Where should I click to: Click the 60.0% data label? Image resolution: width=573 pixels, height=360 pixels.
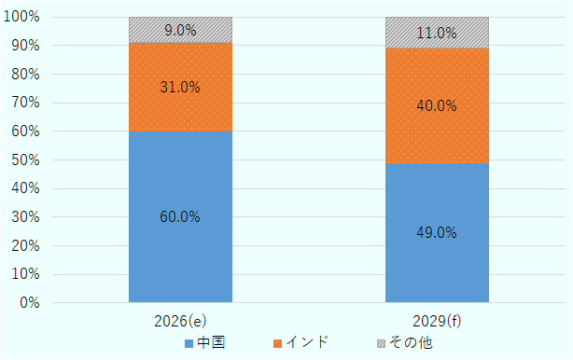point(180,217)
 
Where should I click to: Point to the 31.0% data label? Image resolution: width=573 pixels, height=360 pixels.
point(180,87)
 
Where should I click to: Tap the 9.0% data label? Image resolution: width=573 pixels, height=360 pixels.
point(180,30)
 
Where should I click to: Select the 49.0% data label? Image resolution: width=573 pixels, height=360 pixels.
point(437,232)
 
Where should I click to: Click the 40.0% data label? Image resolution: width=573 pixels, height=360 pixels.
point(437,105)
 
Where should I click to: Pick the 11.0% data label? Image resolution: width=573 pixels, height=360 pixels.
point(437,33)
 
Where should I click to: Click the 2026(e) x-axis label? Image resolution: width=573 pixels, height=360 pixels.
point(180,321)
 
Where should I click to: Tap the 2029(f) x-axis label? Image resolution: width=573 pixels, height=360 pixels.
point(437,321)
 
